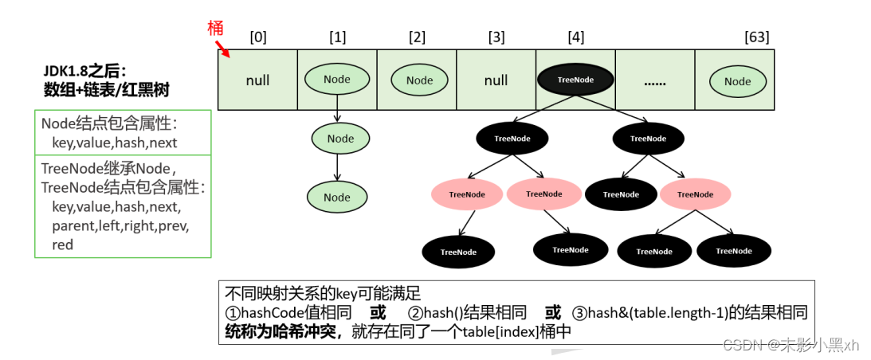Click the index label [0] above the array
click(x=258, y=37)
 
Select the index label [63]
click(x=756, y=37)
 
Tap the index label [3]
click(x=496, y=37)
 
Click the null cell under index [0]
click(x=257, y=80)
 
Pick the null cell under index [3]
click(x=496, y=80)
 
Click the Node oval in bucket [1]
click(x=337, y=79)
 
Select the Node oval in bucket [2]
click(x=419, y=80)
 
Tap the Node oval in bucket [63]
click(x=737, y=80)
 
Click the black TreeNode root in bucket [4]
click(x=575, y=80)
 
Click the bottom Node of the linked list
click(x=337, y=197)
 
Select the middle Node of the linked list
click(x=340, y=139)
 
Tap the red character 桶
click(x=214, y=27)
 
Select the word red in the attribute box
click(x=62, y=245)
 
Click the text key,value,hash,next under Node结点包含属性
click(x=114, y=143)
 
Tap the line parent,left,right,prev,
click(x=120, y=225)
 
